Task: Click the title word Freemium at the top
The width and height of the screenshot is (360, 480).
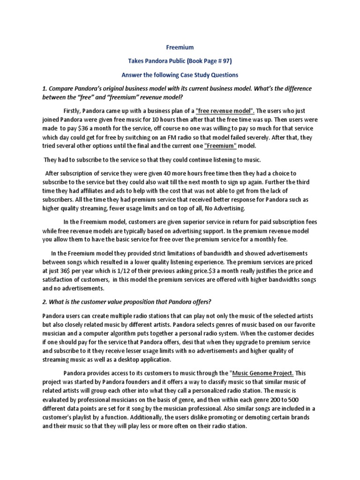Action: (x=180, y=47)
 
